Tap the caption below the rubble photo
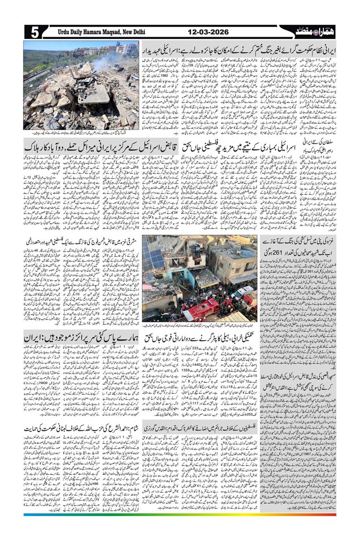point(82,133)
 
